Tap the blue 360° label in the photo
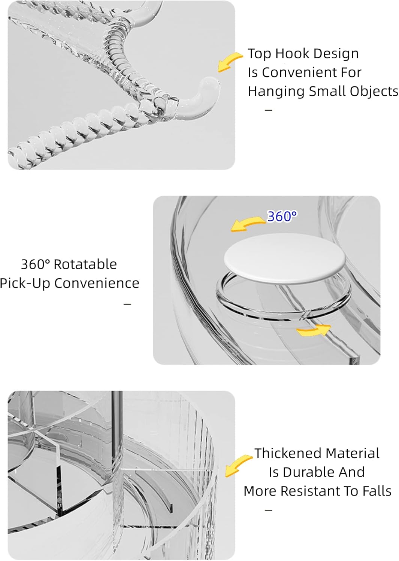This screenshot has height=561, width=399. [282, 216]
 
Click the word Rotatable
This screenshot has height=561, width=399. [85, 264]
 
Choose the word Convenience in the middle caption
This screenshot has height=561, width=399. [97, 283]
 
